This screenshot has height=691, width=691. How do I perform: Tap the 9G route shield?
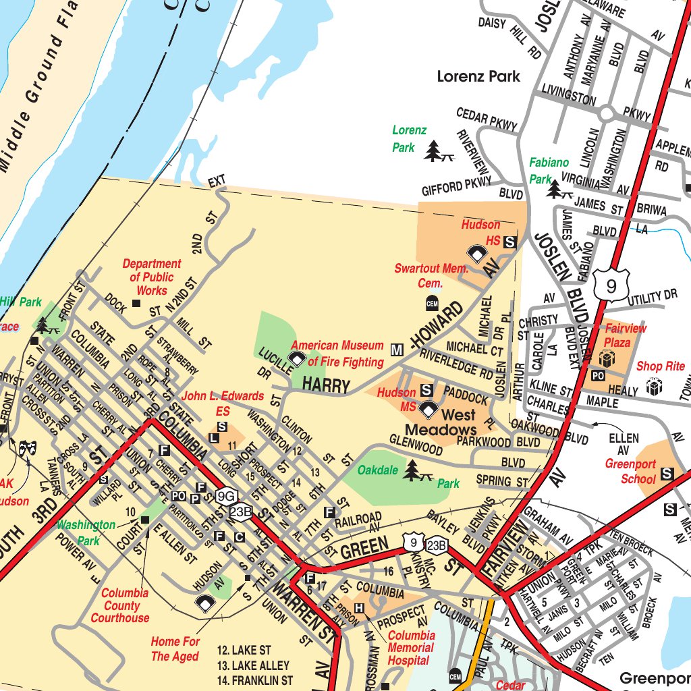pos(226,497)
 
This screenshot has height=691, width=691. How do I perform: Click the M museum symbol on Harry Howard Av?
pos(397,349)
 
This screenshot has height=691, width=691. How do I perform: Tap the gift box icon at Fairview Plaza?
pos(606,358)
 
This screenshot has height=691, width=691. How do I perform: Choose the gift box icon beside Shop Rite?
pos(653,387)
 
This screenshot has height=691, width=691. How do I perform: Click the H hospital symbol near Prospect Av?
pos(359,609)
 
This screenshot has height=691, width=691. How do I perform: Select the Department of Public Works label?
pos(152,277)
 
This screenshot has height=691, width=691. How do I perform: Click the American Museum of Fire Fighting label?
pos(337,354)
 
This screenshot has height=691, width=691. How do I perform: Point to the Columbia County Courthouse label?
pos(120,605)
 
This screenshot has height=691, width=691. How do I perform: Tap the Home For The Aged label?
pos(175,648)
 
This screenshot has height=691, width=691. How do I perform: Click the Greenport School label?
pos(630,472)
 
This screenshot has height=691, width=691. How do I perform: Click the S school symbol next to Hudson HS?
pos(511,241)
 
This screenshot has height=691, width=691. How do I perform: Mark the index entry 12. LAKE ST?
pos(244,651)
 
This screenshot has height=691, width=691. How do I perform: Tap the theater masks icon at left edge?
pos(27,448)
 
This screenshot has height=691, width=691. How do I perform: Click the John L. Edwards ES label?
pos(223,403)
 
